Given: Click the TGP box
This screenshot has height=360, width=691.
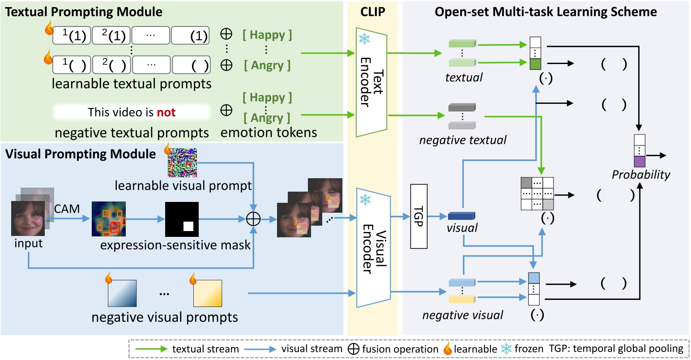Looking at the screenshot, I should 419,216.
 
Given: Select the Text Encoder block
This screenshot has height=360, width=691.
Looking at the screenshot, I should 371,82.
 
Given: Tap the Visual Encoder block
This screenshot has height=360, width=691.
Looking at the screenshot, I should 373,248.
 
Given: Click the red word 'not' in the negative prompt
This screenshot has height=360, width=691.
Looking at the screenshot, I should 166,112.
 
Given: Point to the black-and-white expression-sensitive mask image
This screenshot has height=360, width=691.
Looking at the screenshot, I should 182,219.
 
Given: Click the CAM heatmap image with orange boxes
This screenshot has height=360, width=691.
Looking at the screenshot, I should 109,219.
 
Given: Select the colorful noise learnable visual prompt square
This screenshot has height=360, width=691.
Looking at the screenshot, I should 182,163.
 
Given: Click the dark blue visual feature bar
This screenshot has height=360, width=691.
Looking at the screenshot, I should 461,216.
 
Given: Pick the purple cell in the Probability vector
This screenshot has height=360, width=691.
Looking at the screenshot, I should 640,161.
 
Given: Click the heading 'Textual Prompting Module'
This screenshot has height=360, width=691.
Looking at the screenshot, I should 84,12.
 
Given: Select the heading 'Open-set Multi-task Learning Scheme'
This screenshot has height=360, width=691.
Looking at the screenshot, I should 546,12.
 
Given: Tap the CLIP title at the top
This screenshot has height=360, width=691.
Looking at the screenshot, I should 372,12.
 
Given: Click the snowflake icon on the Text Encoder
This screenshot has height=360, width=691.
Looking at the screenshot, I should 364,39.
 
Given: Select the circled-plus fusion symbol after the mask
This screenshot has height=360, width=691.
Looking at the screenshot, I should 254,219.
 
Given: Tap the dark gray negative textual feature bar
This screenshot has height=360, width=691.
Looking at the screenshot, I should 462,108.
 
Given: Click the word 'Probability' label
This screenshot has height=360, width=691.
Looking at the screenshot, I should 641,175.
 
